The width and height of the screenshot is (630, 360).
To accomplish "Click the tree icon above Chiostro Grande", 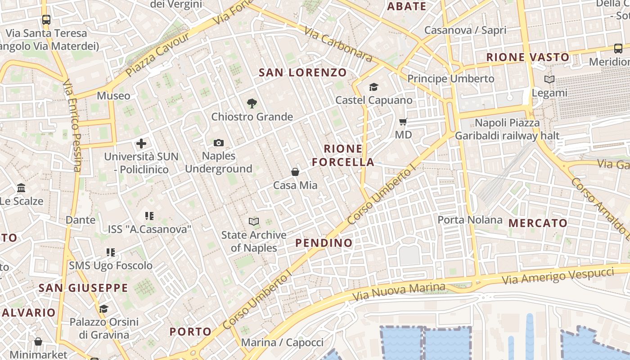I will tap(252, 103).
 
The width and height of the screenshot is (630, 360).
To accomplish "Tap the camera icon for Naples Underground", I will tap(218, 143).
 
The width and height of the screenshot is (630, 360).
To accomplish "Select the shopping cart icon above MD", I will tap(403, 121).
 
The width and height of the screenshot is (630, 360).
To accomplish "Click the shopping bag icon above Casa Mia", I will tap(295, 172).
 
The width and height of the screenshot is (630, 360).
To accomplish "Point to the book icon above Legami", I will tap(549, 80).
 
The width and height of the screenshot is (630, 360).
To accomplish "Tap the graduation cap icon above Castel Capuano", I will tap(373, 87).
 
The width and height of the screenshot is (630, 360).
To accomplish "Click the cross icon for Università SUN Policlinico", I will tap(141, 144).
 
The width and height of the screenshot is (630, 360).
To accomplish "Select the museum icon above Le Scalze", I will tap(21, 188).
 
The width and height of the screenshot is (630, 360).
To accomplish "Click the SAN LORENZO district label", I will tap(303, 72).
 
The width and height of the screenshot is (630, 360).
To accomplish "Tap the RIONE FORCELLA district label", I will tap(343, 155).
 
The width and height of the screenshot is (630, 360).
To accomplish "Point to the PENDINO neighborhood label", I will tap(324, 243).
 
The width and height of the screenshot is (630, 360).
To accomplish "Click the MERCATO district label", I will tap(538, 223).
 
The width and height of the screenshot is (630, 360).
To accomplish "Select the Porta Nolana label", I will tap(470, 220).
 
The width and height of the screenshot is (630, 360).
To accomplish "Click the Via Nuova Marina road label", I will tap(400, 292).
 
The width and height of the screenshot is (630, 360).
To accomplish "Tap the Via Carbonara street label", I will tap(338, 44).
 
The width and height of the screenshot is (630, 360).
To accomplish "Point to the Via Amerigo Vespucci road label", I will tap(558, 275).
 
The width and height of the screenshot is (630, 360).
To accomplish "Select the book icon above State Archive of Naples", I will tap(254, 221).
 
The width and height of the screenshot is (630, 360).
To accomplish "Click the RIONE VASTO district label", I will tap(528, 58).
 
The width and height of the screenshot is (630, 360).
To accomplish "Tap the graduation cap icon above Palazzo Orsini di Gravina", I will tap(104, 309).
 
